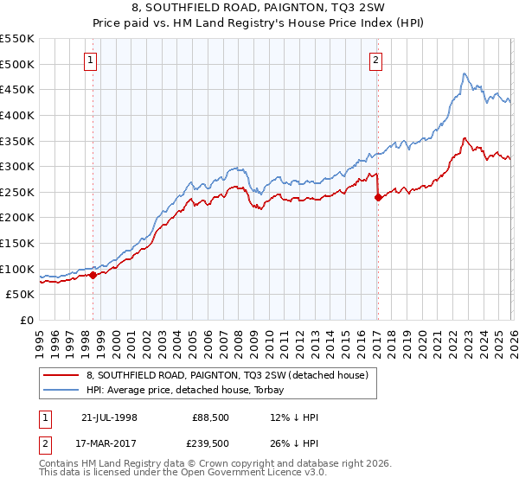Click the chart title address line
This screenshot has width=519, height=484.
(259, 8)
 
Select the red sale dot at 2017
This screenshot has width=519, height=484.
(378, 197)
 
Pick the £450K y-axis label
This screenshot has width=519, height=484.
(17, 89)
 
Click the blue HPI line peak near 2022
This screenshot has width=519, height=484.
(465, 73)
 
